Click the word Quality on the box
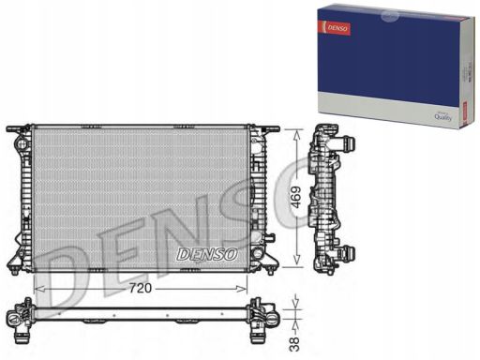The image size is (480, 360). point(442,116)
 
